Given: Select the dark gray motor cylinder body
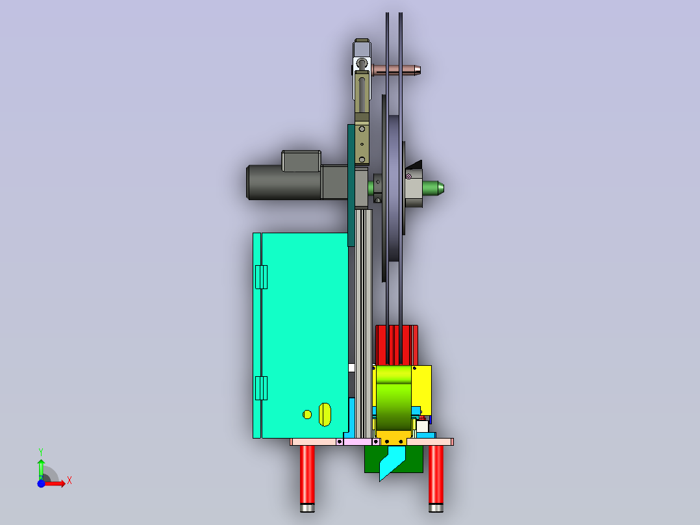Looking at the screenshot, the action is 284,183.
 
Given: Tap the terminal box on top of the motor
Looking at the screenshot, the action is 301,161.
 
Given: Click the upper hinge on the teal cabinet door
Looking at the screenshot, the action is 261,277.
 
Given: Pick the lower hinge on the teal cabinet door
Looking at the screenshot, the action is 261,388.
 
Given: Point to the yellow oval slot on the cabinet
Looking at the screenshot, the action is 325,415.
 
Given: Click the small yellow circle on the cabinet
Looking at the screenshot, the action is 307,415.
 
